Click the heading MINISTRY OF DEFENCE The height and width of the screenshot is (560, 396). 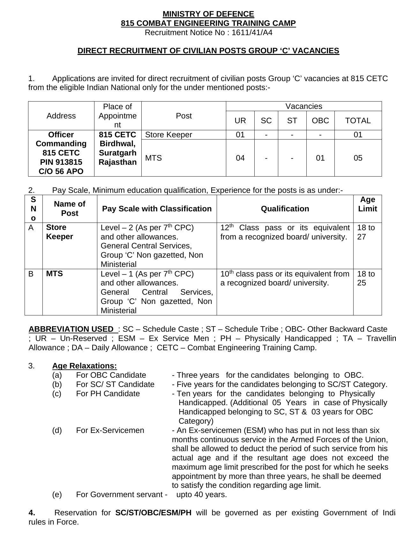pyautogui.click(x=208, y=14)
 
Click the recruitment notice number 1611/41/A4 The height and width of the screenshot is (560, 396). pyautogui.click(x=252, y=33)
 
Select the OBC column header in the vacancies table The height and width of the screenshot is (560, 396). pyautogui.click(x=320, y=121)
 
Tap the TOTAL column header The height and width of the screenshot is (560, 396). pyautogui.click(x=358, y=121)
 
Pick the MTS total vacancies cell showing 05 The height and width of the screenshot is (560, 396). pyautogui.click(x=358, y=158)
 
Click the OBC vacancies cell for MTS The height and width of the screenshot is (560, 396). pyautogui.click(x=320, y=158)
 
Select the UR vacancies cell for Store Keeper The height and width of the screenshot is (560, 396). pyautogui.click(x=240, y=135)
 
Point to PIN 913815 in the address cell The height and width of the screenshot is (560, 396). pyautogui.click(x=61, y=162)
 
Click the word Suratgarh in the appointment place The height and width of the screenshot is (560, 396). pyautogui.click(x=117, y=153)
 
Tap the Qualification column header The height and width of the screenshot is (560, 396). pyautogui.click(x=285, y=209)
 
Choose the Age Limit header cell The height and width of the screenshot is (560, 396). pyautogui.click(x=367, y=204)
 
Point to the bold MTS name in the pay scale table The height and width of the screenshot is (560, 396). pyautogui.click(x=55, y=274)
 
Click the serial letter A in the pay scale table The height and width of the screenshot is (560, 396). pyautogui.click(x=31, y=228)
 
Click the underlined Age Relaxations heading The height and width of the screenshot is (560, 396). pyautogui.click(x=85, y=366)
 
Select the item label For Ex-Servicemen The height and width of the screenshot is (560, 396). pyautogui.click(x=110, y=430)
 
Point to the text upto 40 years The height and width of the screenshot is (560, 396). pyautogui.click(x=201, y=495)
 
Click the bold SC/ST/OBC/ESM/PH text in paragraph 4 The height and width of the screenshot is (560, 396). pyautogui.click(x=153, y=513)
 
